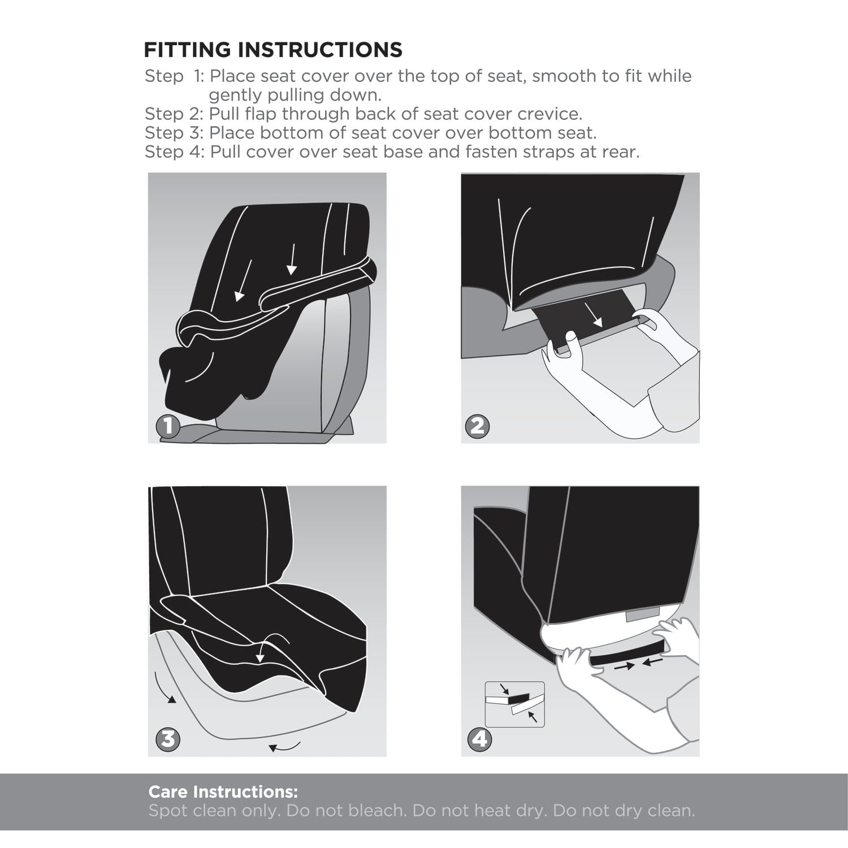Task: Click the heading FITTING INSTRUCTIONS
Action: pyautogui.click(x=273, y=50)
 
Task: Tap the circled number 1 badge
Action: pyautogui.click(x=168, y=426)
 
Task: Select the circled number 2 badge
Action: pyautogui.click(x=478, y=426)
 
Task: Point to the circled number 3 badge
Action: pyautogui.click(x=168, y=739)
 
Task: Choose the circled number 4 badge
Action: pyautogui.click(x=480, y=739)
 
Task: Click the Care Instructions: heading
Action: pyautogui.click(x=223, y=791)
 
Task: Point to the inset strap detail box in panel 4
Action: pyautogui.click(x=514, y=704)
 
